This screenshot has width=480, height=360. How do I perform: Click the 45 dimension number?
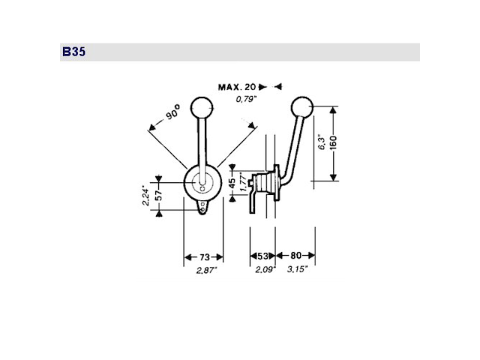coord(232,181)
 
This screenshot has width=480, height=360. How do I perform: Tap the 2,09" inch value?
coord(263,269)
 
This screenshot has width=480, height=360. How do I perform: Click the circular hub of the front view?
coord(202,181)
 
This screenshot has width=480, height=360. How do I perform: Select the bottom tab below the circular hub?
coord(204,209)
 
